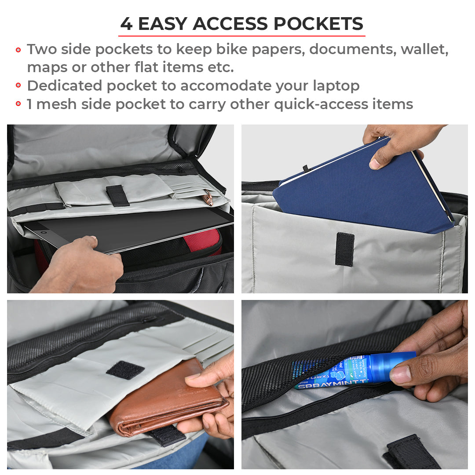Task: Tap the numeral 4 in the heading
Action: pyautogui.click(x=126, y=24)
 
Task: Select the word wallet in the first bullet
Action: pyautogui.click(x=424, y=49)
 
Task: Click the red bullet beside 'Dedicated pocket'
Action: pyautogui.click(x=18, y=86)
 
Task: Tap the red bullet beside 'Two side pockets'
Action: pyautogui.click(x=18, y=50)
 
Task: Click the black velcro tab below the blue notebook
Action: pyautogui.click(x=344, y=249)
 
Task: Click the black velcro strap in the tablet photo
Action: pyautogui.click(x=117, y=195)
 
